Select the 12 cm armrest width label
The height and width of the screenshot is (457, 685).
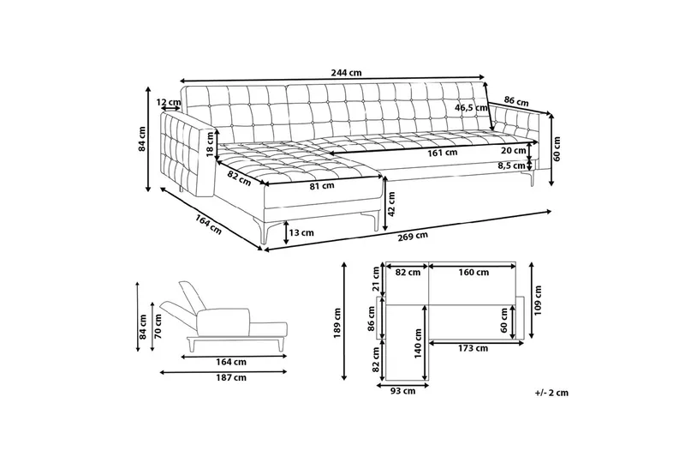point(168,103)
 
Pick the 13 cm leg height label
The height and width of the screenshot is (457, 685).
point(301,232)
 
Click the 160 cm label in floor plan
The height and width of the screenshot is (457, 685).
point(474,274)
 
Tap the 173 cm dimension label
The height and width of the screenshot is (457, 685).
point(473,348)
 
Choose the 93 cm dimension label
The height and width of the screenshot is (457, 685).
point(402,392)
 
